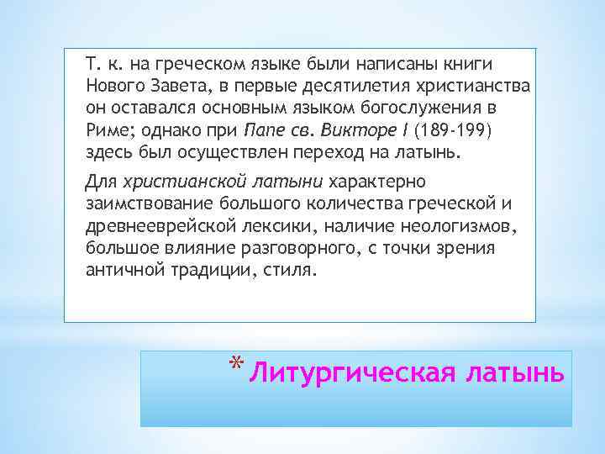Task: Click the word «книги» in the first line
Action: pos(470,64)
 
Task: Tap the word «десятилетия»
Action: pos(343,87)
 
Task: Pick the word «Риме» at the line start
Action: pos(104,131)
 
